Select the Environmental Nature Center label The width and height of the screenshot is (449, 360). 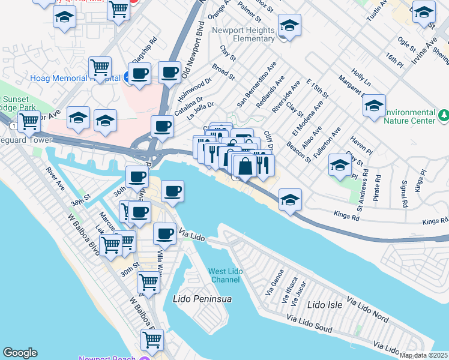[x=409, y=116]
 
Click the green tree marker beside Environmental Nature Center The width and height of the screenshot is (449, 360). [x=444, y=113]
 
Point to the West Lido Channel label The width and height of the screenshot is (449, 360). [x=225, y=276]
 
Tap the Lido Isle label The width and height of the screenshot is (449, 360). [x=325, y=305]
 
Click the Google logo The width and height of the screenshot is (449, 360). [x=20, y=353]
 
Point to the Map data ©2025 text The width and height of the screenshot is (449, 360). [x=424, y=355]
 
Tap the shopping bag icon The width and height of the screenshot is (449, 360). [x=246, y=166]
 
